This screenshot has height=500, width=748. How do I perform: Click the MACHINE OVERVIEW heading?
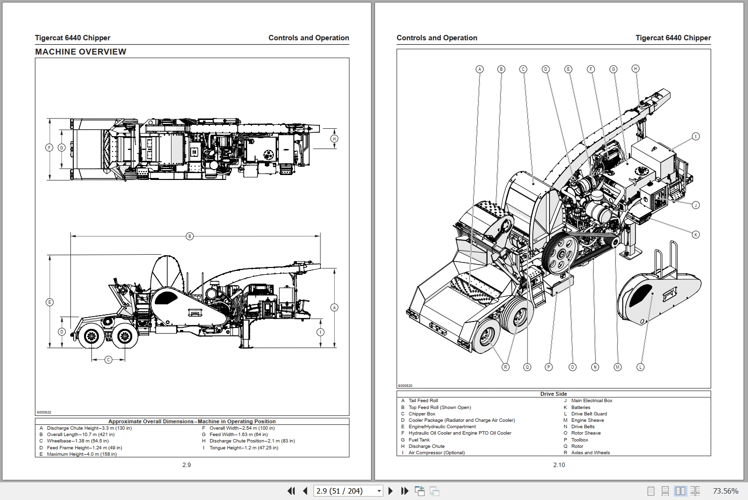81,52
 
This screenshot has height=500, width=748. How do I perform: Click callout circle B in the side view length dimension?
190,236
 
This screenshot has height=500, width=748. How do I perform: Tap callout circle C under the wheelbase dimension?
109,360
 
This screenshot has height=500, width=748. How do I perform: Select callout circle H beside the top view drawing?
334,139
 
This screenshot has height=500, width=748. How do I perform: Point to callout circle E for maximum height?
49,302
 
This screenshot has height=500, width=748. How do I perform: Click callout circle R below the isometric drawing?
505,367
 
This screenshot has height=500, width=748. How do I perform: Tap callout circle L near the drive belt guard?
640,367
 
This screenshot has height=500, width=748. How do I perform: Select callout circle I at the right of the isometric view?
695,136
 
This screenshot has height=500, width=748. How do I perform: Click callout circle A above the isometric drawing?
480,69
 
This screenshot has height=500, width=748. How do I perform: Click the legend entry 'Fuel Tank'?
419,440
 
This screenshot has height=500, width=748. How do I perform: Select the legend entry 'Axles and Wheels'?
590,453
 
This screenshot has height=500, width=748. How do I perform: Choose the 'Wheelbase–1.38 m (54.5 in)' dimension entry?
78,441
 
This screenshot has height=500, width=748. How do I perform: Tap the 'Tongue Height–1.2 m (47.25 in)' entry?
243,448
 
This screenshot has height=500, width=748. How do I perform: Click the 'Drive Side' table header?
553,394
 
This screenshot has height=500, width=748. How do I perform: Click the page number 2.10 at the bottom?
559,465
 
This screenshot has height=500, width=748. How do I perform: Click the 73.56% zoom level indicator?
725,491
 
